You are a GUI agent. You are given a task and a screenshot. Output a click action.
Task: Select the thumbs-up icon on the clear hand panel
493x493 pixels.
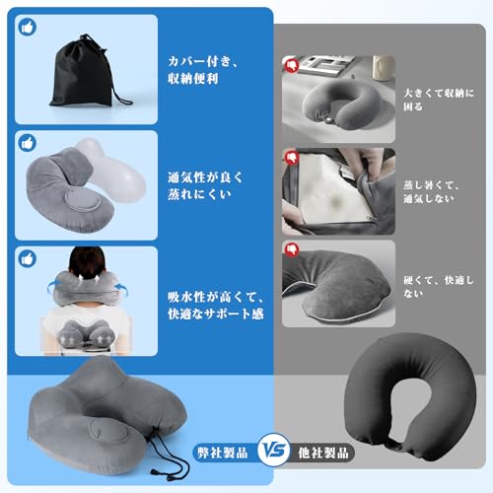coord(27,142)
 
